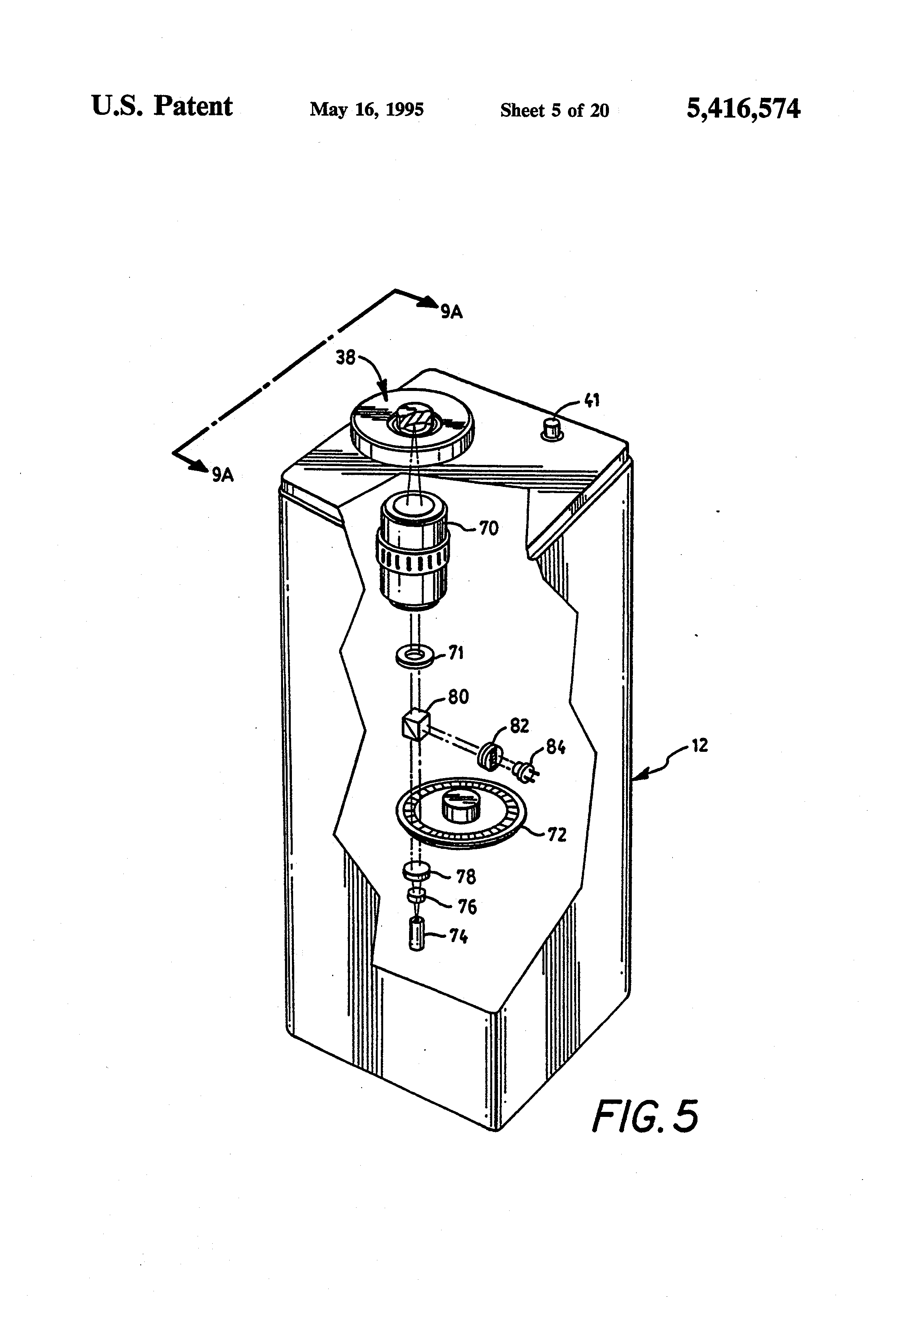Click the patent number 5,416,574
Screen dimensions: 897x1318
[x=744, y=108]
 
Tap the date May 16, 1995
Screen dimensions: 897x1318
[x=367, y=109]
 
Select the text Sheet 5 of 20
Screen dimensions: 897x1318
[x=554, y=110]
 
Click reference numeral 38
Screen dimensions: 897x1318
[x=345, y=358]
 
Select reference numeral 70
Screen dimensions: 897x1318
[x=489, y=529]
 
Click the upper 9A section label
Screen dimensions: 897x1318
[x=452, y=311]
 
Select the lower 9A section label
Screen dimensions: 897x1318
[x=223, y=475]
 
